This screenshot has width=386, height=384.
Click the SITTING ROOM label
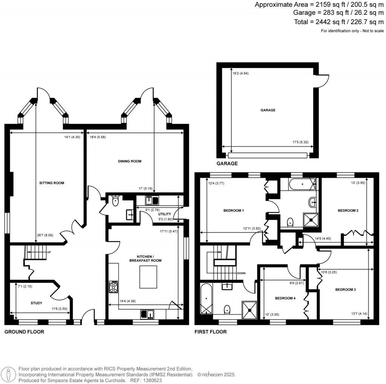(x=52, y=183)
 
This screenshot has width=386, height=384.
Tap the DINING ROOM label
(x=129, y=161)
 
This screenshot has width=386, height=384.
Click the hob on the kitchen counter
(x=113, y=287)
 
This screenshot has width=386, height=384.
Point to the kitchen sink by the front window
(x=147, y=313)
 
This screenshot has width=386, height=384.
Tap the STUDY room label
(x=36, y=303)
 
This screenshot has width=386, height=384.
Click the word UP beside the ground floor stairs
(x=49, y=252)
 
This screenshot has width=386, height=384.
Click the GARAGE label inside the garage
(x=267, y=111)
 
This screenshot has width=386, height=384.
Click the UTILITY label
(x=165, y=214)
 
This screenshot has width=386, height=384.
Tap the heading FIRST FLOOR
(x=210, y=332)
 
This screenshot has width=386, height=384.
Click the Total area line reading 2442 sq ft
(x=334, y=22)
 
